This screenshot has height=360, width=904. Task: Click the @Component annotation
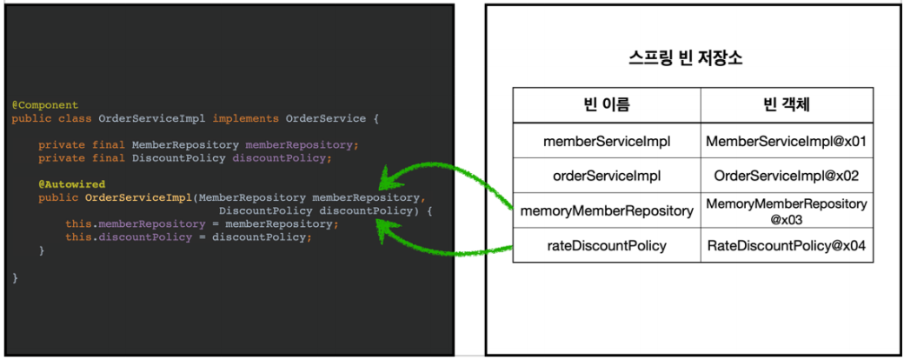44,104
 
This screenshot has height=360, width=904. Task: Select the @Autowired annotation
71,184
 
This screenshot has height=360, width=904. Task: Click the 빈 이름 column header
606,105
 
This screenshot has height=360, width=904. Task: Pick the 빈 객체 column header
786,105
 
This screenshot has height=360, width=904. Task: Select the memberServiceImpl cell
606,140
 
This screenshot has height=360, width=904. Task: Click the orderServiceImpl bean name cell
606,176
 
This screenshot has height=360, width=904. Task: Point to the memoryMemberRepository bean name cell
606,210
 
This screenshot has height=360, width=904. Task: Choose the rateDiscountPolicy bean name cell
606,245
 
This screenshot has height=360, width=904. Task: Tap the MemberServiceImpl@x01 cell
786,140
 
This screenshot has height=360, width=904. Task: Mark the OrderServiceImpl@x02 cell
786,176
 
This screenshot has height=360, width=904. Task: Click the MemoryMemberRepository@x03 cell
786,210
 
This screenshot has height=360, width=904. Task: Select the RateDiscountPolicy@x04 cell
786,245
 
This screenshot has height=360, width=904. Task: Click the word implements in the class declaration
245,118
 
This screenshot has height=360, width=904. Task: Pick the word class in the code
77,118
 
